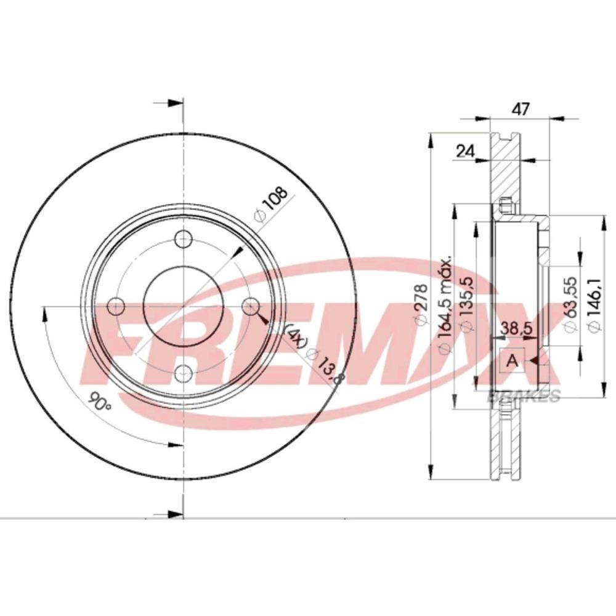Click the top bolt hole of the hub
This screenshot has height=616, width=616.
click(x=184, y=239)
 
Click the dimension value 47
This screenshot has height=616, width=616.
click(x=521, y=110)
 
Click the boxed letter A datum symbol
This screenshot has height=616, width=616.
click(x=512, y=361)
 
